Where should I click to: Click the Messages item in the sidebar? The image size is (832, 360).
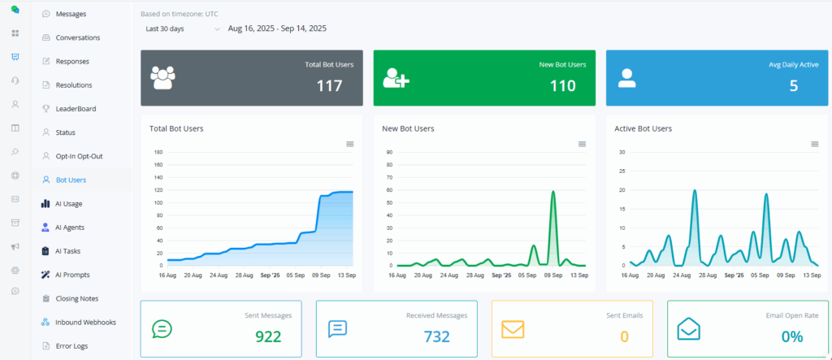pos(71,14)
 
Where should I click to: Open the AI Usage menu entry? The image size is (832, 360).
pos(68,203)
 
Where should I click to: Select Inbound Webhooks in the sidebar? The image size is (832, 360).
pos(85,322)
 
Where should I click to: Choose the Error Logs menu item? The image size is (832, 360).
pos(72,345)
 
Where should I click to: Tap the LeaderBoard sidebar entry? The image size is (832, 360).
pos(76,108)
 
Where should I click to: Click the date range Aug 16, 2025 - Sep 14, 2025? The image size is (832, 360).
pos(277,28)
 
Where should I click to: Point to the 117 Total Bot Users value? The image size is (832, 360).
pos(329,85)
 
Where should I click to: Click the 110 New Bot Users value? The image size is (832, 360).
pos(562,85)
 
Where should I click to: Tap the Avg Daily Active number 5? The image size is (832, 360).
pos(793,85)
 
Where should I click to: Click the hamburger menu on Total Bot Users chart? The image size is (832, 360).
pos(350,144)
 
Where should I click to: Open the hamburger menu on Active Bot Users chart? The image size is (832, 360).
pos(815,144)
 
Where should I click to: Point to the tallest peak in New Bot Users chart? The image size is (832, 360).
pos(553,192)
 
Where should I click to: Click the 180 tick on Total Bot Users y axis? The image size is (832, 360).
pos(159,152)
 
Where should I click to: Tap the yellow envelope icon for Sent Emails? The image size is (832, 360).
pos(513,328)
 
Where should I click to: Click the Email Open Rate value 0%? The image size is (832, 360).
pos(791,336)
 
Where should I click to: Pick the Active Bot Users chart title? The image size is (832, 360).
pos(643,128)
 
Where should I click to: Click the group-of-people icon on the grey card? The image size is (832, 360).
pos(163,77)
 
